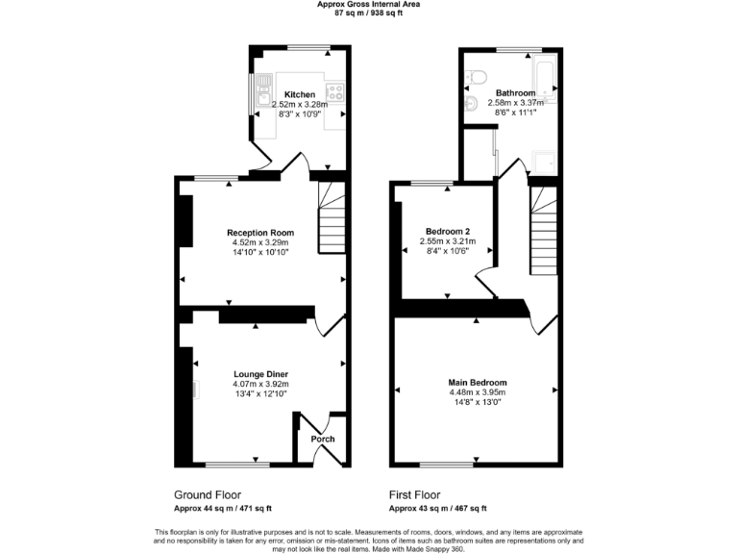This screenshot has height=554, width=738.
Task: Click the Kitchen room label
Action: pyautogui.click(x=287, y=94)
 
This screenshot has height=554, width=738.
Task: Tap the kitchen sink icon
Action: pyautogui.click(x=261, y=94)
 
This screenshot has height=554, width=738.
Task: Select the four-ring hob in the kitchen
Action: pyautogui.click(x=336, y=93)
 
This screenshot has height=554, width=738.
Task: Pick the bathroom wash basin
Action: pyautogui.click(x=471, y=104)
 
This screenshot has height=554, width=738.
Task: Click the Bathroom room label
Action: pyautogui.click(x=515, y=93)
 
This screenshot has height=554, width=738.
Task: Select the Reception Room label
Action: pyautogui.click(x=260, y=233)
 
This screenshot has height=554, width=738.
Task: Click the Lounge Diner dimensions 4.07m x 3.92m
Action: pyautogui.click(x=260, y=384)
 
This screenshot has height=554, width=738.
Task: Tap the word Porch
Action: pyautogui.click(x=323, y=440)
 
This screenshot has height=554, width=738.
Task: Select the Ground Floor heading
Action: pyautogui.click(x=207, y=494)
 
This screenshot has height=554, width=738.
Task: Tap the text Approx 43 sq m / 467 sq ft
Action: pyautogui.click(x=437, y=509)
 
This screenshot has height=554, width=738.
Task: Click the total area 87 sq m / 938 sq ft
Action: pyautogui.click(x=368, y=13)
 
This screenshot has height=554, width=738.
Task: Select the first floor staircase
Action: pyautogui.click(x=544, y=231)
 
